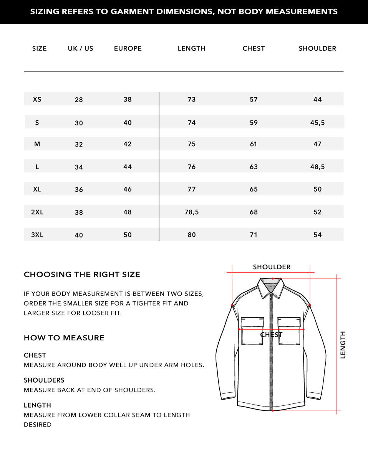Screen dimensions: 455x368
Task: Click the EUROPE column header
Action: [x=128, y=48]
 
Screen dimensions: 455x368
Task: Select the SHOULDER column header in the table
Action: [x=317, y=48]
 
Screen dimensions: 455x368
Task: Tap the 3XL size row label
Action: [x=37, y=235]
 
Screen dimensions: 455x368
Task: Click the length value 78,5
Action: [x=192, y=212]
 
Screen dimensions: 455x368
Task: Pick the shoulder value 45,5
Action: [x=317, y=123]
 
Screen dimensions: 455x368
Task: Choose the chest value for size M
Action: [x=254, y=144]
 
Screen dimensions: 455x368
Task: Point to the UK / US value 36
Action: [x=79, y=190]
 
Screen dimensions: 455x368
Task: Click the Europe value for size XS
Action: [x=128, y=99]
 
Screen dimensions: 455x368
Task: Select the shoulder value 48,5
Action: [x=317, y=167]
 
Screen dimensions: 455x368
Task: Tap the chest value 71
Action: [x=254, y=235]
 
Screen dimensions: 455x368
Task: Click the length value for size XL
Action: [x=192, y=189]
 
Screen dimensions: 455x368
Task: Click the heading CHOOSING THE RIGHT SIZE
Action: [x=82, y=275]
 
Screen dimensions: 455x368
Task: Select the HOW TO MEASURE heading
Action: [x=64, y=338]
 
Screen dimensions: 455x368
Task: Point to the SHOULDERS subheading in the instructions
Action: [x=44, y=380]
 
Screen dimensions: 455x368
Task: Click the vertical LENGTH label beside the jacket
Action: [x=343, y=345]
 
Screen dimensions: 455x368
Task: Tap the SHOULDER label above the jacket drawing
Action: [x=272, y=267]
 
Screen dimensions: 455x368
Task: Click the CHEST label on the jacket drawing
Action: [x=271, y=335]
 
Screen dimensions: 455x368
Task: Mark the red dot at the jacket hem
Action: [x=272, y=410]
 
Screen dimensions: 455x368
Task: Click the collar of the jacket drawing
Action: [x=272, y=287]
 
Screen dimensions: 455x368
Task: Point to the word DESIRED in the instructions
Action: [x=38, y=425]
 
